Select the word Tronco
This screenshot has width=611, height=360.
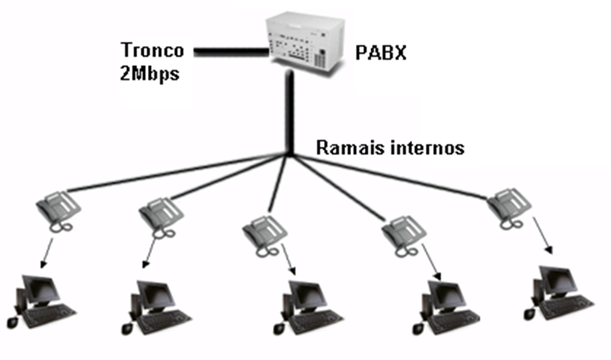(152, 51)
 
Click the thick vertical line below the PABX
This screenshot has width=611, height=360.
(289, 115)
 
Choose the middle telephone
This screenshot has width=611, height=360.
(264, 233)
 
